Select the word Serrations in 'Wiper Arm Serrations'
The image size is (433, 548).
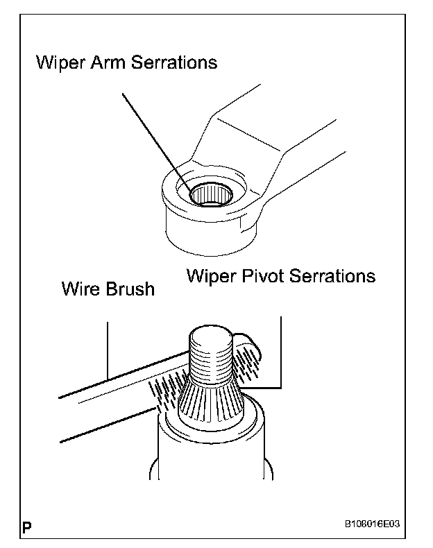click(x=173, y=62)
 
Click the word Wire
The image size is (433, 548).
click(x=80, y=288)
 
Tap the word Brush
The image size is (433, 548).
click(x=130, y=288)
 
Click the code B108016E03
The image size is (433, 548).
click(x=372, y=525)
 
